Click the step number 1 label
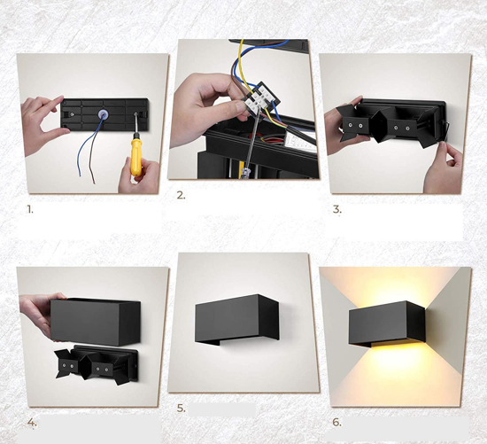(30, 209)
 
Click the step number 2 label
(181, 195)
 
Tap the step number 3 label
(337, 209)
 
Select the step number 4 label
(32, 422)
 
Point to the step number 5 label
(181, 409)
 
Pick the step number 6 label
(336, 422)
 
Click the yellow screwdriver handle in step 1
(136, 157)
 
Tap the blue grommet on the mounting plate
(102, 113)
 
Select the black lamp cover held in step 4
(96, 322)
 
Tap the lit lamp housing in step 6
(387, 323)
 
